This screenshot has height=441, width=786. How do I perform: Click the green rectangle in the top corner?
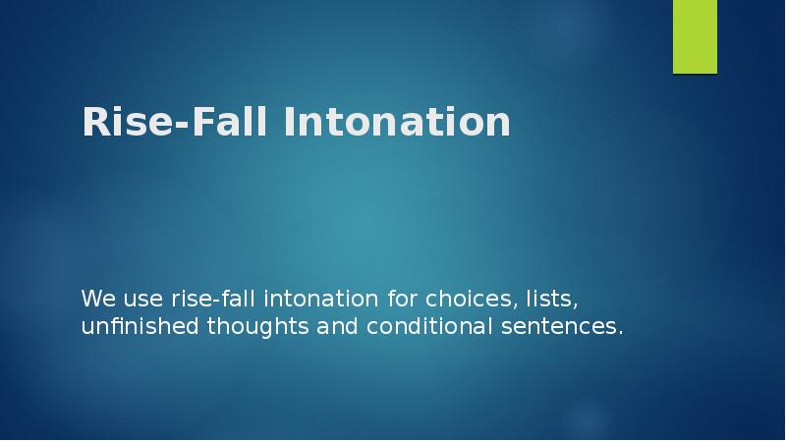(695, 36)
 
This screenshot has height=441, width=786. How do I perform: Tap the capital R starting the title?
(94, 123)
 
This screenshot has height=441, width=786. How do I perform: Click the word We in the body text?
(95, 298)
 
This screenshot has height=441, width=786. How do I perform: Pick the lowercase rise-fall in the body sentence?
(209, 298)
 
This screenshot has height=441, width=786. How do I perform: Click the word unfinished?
(140, 326)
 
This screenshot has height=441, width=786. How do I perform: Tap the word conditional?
(428, 326)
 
